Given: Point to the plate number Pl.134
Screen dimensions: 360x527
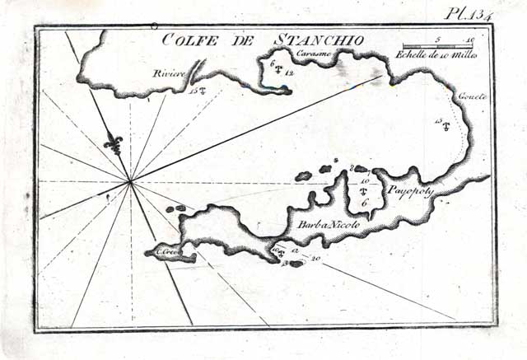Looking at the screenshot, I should coord(466,12).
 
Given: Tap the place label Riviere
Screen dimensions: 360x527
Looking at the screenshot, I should coord(168,75).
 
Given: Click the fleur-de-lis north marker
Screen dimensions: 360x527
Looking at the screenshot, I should coord(113,143).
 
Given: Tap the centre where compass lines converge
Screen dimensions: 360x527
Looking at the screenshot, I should coord(131,180).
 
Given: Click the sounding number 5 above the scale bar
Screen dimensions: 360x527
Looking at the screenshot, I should coord(438,39).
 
